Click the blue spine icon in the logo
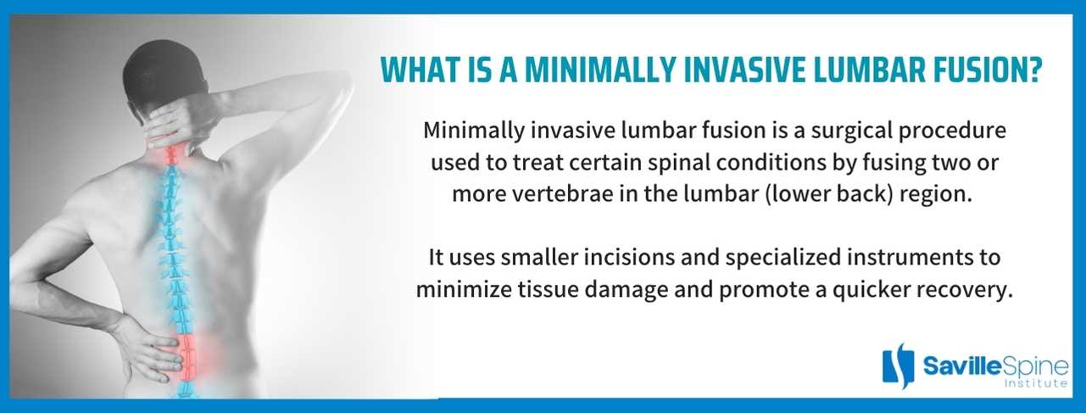(x=899, y=366)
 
